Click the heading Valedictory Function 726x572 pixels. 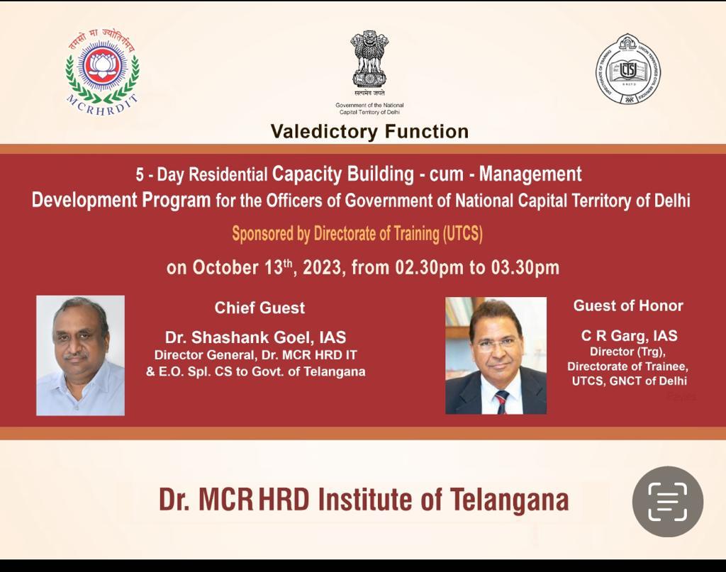coord(369,131)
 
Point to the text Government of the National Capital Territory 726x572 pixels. coord(369,108)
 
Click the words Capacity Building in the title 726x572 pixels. coord(343,174)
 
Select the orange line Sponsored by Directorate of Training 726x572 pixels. coord(357,234)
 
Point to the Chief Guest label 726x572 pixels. coord(259,308)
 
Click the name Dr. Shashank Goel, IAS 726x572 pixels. coord(255,337)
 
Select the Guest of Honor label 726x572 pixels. coord(628,305)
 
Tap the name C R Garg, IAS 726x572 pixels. coord(630,335)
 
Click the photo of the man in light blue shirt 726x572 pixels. coord(81,355)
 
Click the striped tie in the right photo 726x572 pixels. coord(501,402)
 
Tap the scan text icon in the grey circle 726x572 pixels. coord(668,502)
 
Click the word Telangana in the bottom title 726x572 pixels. coord(509,500)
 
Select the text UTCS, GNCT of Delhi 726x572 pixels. coord(630,381)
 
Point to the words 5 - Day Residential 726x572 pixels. coord(201,175)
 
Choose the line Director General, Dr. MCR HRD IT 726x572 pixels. coord(255,355)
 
